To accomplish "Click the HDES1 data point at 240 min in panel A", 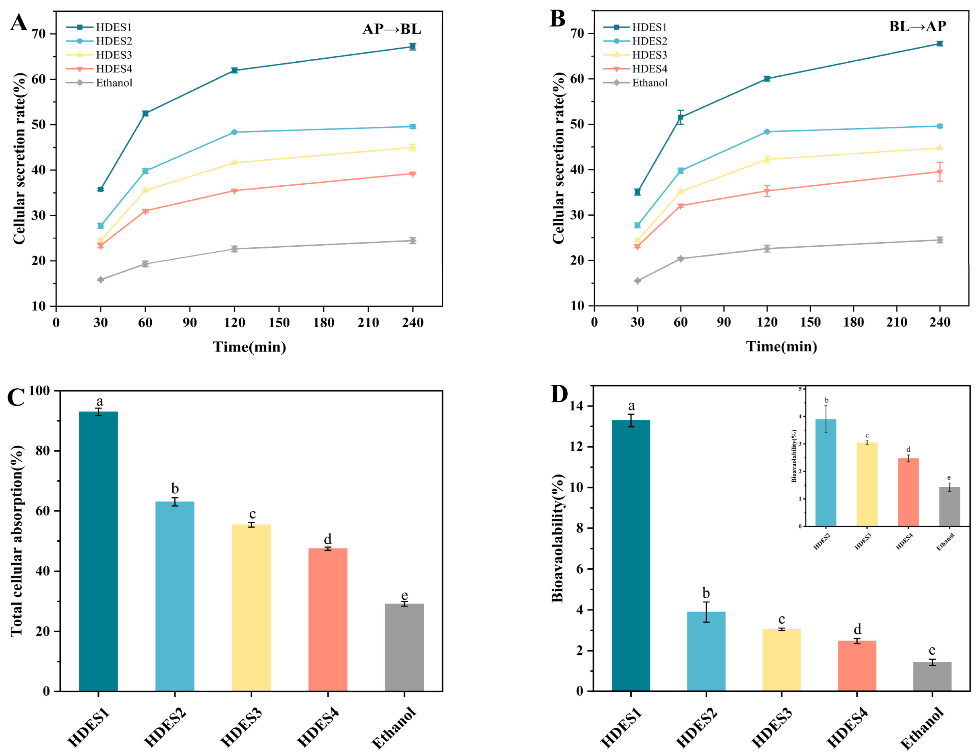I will [x=412, y=47].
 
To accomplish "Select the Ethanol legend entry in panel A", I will [x=114, y=83].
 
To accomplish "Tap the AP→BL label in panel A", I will [x=392, y=29].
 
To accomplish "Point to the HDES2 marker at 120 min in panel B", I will [x=767, y=132].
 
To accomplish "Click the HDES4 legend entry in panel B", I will [x=649, y=69].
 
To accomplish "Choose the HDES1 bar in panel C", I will [x=98, y=551].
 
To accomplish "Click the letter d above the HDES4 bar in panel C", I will [x=327, y=539].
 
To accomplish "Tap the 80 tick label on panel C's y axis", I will [x=43, y=451].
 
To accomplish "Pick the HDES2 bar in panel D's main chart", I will [x=706, y=651].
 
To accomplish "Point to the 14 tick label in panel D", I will [x=577, y=406].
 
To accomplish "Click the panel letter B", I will [x=558, y=19].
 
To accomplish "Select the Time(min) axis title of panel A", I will [x=250, y=347].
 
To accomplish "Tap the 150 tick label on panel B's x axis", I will [x=810, y=322].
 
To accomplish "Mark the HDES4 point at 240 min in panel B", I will [x=940, y=172].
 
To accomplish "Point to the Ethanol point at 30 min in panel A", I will [x=101, y=280].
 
